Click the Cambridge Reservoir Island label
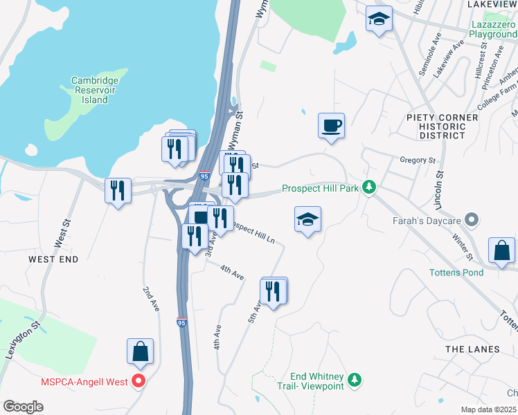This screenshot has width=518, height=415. (95, 90)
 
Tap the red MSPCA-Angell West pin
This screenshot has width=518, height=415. (139, 380)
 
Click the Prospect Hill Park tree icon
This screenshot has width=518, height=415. (370, 187)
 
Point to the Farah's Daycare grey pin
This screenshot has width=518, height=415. (472, 221)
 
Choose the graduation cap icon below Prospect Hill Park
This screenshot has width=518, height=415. (307, 219)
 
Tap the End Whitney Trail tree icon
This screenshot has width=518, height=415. (355, 380)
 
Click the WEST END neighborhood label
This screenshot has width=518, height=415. (53, 259)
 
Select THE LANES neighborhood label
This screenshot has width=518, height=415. (472, 349)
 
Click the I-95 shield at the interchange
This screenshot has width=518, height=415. (205, 176)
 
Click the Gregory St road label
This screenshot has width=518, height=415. (418, 160)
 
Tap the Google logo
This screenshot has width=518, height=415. (24, 407)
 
